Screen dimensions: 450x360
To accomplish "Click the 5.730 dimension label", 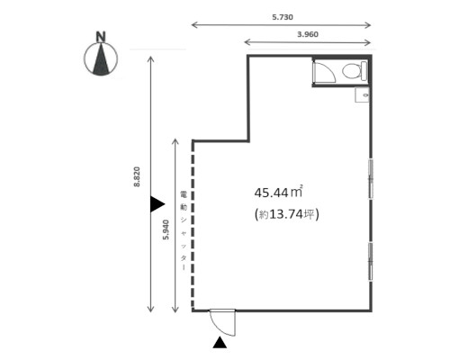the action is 283,17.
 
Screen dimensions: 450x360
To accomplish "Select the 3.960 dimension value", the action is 308,34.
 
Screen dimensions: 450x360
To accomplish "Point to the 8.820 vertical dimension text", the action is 137,176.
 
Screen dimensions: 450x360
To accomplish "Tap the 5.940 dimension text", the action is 166,229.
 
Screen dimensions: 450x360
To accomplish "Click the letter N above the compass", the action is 101,37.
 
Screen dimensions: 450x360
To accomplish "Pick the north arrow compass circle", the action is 101,58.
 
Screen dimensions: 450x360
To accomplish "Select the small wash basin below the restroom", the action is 362,94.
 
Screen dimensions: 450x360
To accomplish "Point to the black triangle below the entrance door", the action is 220,342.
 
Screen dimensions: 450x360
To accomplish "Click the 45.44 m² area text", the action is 278,193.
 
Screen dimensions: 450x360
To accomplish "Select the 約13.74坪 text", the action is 287,214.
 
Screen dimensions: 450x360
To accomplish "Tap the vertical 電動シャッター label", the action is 184,231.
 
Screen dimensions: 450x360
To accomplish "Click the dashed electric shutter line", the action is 193,226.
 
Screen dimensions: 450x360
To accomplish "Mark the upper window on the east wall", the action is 371,179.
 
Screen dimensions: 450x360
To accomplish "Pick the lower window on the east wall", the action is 371,262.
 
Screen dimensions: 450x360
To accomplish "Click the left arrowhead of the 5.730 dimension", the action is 194,25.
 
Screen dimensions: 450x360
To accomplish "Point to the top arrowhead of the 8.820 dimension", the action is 150,59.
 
